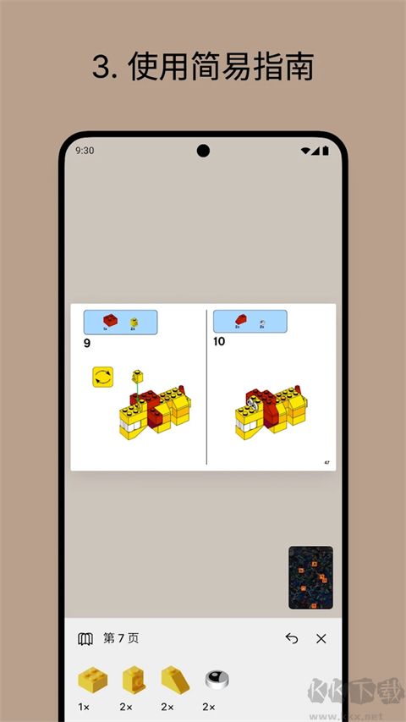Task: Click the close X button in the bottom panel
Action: (321, 639)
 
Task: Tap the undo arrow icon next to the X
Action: (292, 639)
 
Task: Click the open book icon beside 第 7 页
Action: (85, 639)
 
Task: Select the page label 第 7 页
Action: (121, 639)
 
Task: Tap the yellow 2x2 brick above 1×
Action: (92, 679)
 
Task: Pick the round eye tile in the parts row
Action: (217, 679)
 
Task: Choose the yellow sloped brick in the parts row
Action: (175, 679)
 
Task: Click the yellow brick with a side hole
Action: (134, 679)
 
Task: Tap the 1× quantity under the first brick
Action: (85, 707)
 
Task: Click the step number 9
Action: (87, 343)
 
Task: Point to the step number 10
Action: (220, 343)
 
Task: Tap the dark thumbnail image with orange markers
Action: (310, 578)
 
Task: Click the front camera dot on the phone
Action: (203, 151)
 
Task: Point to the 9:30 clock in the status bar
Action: (85, 151)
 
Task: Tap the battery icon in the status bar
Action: (325, 151)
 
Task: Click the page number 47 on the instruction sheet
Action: (326, 462)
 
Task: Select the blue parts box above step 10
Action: (250, 322)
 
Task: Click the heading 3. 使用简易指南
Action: (203, 68)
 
